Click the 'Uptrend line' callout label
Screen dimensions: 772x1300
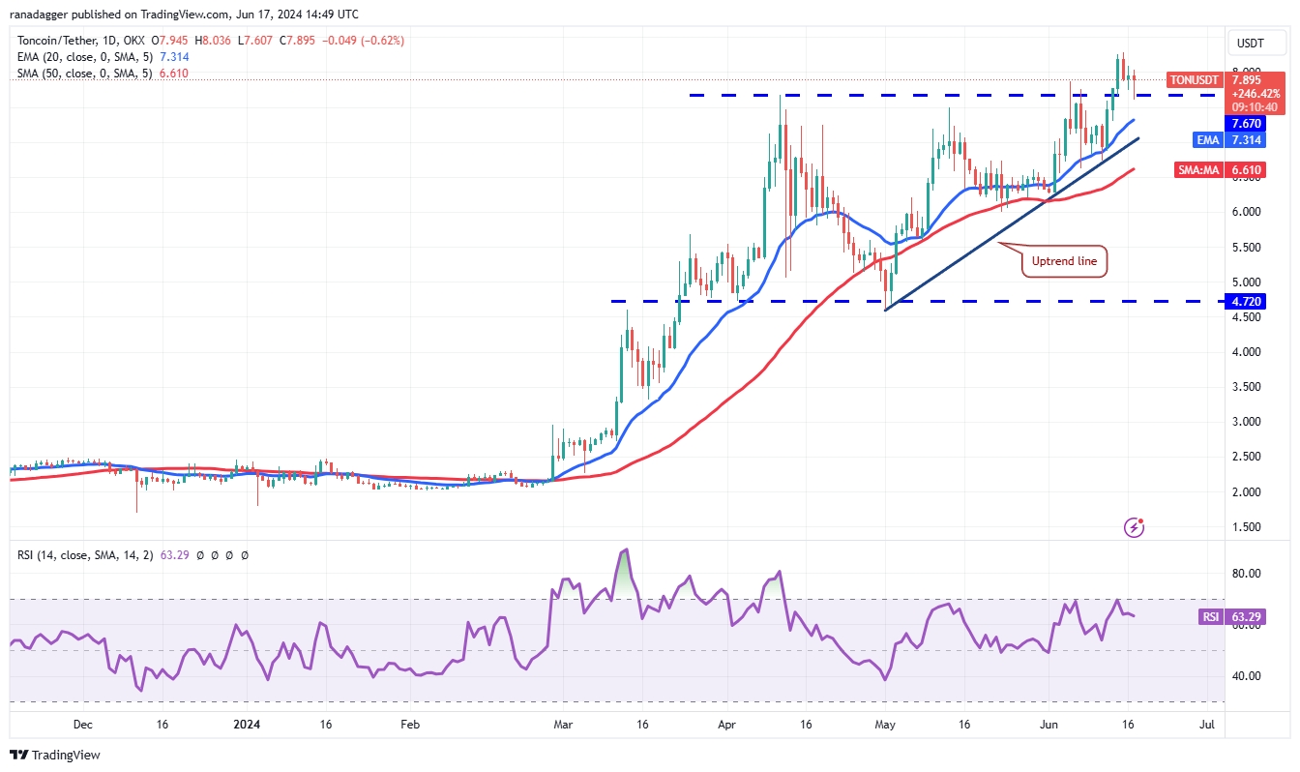point(1064,261)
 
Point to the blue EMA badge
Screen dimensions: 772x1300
point(1208,140)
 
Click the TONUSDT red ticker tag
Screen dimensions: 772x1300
point(1194,80)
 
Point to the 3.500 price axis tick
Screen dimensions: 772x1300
point(1247,387)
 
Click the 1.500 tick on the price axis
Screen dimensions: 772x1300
point(1247,527)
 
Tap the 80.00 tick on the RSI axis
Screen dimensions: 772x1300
point(1247,574)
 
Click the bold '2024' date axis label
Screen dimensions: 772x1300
point(248,724)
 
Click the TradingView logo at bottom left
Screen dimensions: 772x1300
point(55,755)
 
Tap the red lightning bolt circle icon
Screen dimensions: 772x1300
point(1136,527)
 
